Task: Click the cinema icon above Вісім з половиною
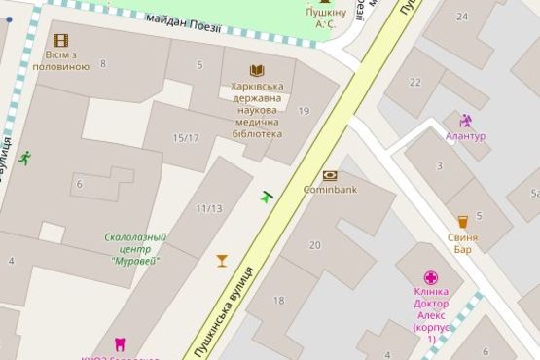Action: pos(61,40)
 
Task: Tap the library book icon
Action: pos(257,70)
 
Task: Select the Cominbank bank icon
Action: pos(330,175)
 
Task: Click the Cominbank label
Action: pos(330,189)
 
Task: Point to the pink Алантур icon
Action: pos(465,122)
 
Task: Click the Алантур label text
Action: pos(465,136)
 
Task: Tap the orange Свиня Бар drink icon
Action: pos(463,222)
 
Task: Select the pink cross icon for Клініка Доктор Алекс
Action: pos(431,277)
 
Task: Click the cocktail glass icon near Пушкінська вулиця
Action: pos(222,260)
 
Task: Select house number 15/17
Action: pos(186,138)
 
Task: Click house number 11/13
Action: pos(208,208)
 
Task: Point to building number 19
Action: pos(304,112)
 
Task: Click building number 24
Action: pos(461,16)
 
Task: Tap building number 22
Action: pos(415,82)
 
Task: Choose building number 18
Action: pos(279,301)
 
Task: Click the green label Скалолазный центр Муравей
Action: pos(135,249)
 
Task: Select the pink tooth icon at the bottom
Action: pos(121,343)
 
